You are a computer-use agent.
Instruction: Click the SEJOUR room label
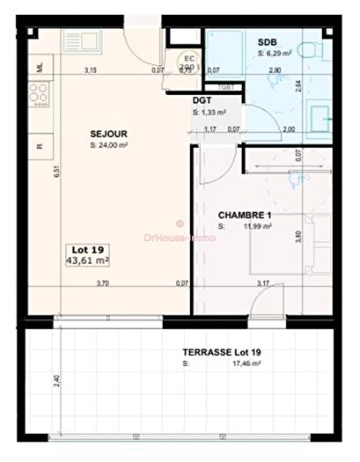107,134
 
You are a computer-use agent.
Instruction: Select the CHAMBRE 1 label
244,214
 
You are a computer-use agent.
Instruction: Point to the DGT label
201,100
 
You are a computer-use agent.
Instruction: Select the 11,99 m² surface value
256,226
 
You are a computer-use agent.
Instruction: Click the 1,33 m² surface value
215,113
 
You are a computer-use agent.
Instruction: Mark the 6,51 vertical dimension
55,174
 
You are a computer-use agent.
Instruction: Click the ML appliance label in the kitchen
38,66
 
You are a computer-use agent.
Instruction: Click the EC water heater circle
187,61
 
